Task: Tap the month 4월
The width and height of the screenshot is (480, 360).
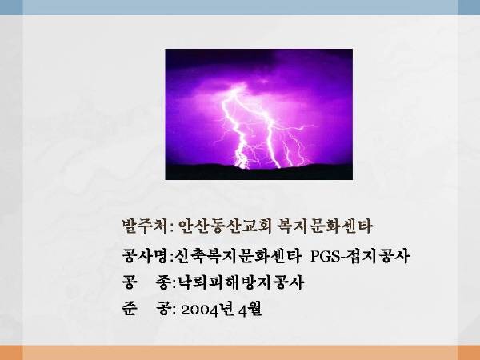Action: click(x=250, y=310)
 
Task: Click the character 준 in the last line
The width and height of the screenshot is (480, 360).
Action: click(x=129, y=309)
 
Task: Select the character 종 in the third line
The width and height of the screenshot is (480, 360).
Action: click(x=162, y=282)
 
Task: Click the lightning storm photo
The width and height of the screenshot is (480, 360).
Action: click(x=258, y=114)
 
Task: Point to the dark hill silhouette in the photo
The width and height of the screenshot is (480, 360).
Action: click(x=258, y=172)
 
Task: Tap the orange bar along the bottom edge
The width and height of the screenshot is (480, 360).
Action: click(x=240, y=353)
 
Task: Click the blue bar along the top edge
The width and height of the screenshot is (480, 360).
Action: click(x=240, y=7)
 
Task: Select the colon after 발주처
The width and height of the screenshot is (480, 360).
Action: click(x=171, y=228)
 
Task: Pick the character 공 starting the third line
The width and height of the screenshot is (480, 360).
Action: click(x=129, y=282)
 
